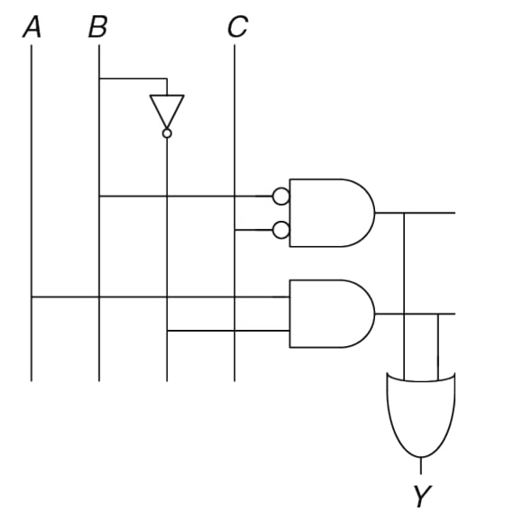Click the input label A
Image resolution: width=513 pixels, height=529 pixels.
coord(32,27)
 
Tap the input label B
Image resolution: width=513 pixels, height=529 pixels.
coord(98,27)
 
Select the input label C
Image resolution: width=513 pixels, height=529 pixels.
coord(238,27)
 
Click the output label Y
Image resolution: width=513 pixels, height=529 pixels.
coord(423,496)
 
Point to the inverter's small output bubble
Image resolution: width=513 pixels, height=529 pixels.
coord(167,133)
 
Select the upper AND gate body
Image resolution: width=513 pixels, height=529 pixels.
coord(332,213)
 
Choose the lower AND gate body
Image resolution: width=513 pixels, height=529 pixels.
coord(332,314)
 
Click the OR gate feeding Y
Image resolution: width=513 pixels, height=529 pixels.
coord(421,415)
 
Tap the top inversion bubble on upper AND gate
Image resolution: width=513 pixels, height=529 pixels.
coord(280,196)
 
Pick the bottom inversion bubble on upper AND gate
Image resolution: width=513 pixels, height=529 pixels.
coord(280,230)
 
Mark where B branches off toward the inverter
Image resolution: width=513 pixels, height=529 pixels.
coord(99,78)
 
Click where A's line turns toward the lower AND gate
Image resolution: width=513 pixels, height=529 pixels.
coord(32,297)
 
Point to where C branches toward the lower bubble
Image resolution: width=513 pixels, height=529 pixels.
coord(234,230)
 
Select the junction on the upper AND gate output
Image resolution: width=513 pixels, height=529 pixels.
coord(404,213)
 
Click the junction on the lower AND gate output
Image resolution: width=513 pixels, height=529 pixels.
coord(438,314)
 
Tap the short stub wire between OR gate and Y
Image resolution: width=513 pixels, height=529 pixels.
coord(421,466)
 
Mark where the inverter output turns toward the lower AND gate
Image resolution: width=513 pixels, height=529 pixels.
coord(167,331)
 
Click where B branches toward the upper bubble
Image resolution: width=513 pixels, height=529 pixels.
coord(99,196)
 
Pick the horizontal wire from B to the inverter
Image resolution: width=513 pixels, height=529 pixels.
coord(133,78)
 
